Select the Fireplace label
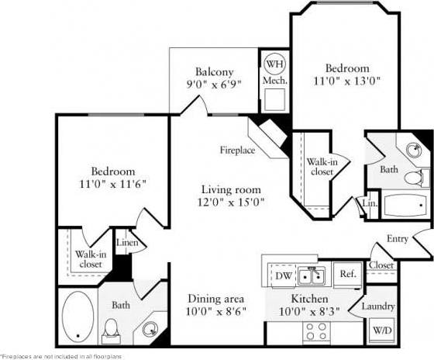click(236, 150)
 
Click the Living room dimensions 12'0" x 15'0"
click(231, 202)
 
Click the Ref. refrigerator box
click(347, 275)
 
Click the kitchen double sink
click(314, 275)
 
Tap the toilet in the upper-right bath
click(418, 176)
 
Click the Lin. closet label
click(370, 203)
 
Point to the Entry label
click(397, 239)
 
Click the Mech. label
click(274, 80)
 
